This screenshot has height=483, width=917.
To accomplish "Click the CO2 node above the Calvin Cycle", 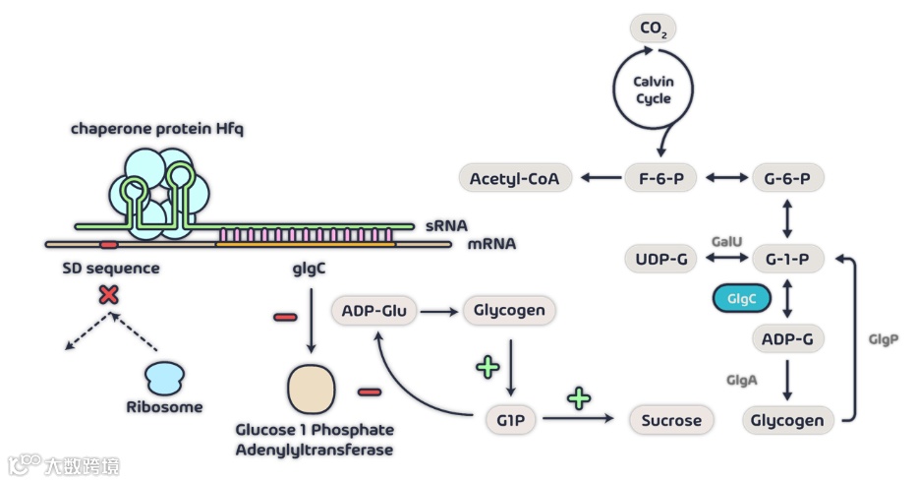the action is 654,29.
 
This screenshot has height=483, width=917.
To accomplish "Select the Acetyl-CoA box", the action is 515,178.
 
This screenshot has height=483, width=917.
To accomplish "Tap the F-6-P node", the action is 660,178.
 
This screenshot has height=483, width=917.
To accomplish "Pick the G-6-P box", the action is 787,178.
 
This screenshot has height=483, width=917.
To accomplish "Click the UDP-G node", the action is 661,259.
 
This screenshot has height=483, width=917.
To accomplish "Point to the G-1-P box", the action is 787,259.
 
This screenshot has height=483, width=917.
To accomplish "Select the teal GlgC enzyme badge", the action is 741,299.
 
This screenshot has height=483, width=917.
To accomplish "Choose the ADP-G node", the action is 787,338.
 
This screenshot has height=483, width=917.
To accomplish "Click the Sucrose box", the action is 671,420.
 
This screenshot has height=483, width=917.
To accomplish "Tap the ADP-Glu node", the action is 374,310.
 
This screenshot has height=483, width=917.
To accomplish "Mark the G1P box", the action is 510,420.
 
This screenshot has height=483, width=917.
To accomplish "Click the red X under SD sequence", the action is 109,294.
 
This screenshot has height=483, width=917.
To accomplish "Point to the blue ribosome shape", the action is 164,378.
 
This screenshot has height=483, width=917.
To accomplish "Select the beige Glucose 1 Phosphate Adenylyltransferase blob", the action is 312,390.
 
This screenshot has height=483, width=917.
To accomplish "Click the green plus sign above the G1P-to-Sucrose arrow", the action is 579,398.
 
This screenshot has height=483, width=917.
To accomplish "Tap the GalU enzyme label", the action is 727,241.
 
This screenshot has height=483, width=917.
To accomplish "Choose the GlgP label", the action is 883,339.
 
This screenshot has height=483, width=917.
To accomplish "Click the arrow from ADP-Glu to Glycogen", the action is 439,312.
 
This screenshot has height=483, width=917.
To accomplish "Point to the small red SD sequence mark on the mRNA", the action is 109,244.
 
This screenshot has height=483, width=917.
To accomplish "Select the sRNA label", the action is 447,225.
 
